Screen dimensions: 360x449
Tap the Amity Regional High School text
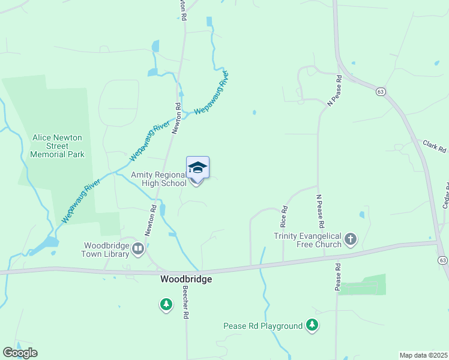coord(159,179)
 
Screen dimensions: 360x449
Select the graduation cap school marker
coord(197,167)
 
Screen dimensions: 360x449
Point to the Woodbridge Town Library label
coord(107,250)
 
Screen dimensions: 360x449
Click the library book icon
coord(138,248)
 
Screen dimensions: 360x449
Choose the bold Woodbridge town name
coord(186,280)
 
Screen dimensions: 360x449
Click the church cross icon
coord(351,240)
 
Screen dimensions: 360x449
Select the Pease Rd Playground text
coord(263,326)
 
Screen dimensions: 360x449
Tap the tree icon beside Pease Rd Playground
coord(312,325)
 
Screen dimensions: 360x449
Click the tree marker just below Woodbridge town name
coord(166,305)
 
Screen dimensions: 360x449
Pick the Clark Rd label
coord(435,146)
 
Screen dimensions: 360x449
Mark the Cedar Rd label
coord(445,195)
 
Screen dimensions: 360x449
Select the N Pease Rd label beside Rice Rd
coord(321,211)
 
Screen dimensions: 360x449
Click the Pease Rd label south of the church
coord(337,277)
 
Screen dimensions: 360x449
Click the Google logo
coord(20,353)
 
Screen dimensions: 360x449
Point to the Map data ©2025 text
coord(423,355)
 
